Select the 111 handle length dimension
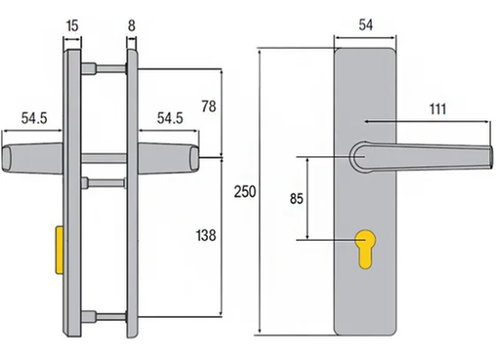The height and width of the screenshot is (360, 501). pyautogui.click(x=436, y=110)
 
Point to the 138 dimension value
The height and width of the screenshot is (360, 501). pyautogui.click(x=205, y=235)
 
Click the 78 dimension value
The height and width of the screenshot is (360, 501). pyautogui.click(x=208, y=106)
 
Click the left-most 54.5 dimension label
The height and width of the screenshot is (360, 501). pyautogui.click(x=35, y=118)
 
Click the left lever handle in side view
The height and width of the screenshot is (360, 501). pyautogui.click(x=31, y=158)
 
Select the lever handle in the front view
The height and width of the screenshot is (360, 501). pyautogui.click(x=431, y=156)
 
